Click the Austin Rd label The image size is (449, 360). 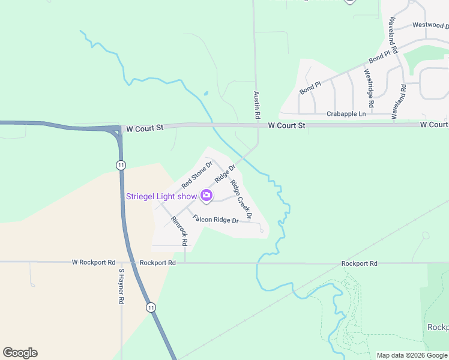pyautogui.click(x=256, y=104)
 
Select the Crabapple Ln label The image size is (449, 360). pyautogui.click(x=346, y=113)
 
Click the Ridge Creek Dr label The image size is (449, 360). pyautogui.click(x=241, y=199)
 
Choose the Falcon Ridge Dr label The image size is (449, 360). pyautogui.click(x=215, y=220)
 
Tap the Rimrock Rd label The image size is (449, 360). pyautogui.click(x=179, y=232)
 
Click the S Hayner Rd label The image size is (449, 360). pyautogui.click(x=121, y=286)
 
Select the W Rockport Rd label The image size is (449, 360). pyautogui.click(x=93, y=262)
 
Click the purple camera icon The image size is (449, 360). pyautogui.click(x=206, y=196)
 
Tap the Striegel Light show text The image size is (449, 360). pyautogui.click(x=161, y=196)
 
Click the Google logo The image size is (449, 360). pyautogui.click(x=20, y=353)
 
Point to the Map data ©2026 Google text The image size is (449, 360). pyautogui.click(x=412, y=355)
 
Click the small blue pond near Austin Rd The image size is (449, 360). pyautogui.click(x=206, y=94)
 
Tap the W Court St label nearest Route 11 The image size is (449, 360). pyautogui.click(x=142, y=128)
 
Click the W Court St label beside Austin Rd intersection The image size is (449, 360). pyautogui.click(x=286, y=125)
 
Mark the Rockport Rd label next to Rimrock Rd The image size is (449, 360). pyautogui.click(x=157, y=263)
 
